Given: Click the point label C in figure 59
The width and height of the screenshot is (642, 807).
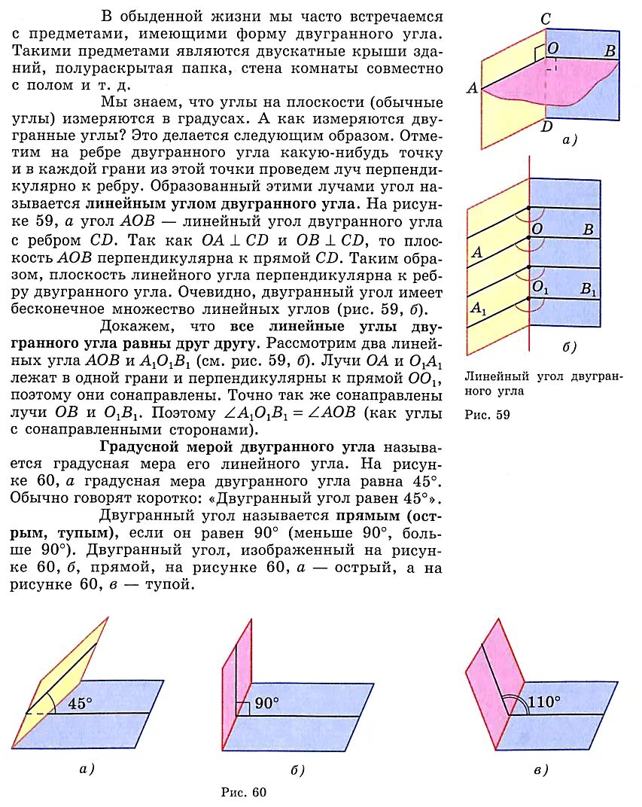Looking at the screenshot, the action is (x=547, y=19).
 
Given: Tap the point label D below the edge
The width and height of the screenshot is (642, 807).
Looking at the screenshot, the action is (x=547, y=126).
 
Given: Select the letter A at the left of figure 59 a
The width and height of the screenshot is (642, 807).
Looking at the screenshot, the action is (x=473, y=89).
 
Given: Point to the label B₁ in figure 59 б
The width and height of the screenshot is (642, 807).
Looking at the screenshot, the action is (x=589, y=288).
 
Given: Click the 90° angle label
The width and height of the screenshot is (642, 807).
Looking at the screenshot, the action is (x=266, y=703).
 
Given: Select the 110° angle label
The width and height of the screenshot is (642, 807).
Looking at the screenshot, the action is (x=543, y=702).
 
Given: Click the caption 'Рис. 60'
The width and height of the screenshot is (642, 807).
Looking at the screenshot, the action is (x=243, y=792).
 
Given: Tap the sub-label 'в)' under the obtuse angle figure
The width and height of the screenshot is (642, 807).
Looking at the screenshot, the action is (x=540, y=769).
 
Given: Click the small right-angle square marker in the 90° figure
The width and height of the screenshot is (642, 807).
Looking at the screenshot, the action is (x=242, y=708).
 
